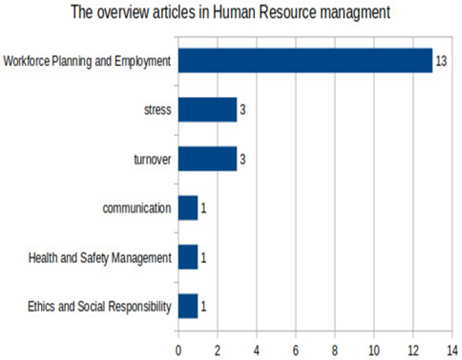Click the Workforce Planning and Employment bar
(305, 61)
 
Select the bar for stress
(208, 110)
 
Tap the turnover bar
(208, 159)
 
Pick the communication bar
(188, 208)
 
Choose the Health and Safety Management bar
(188, 257)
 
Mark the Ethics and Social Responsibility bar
(188, 306)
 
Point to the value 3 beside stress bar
(243, 110)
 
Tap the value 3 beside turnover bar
(243, 159)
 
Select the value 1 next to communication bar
(203, 209)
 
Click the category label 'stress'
(158, 110)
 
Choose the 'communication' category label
(137, 208)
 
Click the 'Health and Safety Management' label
(100, 258)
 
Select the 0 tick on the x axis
(178, 349)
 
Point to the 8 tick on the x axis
(335, 349)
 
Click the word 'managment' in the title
(358, 12)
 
